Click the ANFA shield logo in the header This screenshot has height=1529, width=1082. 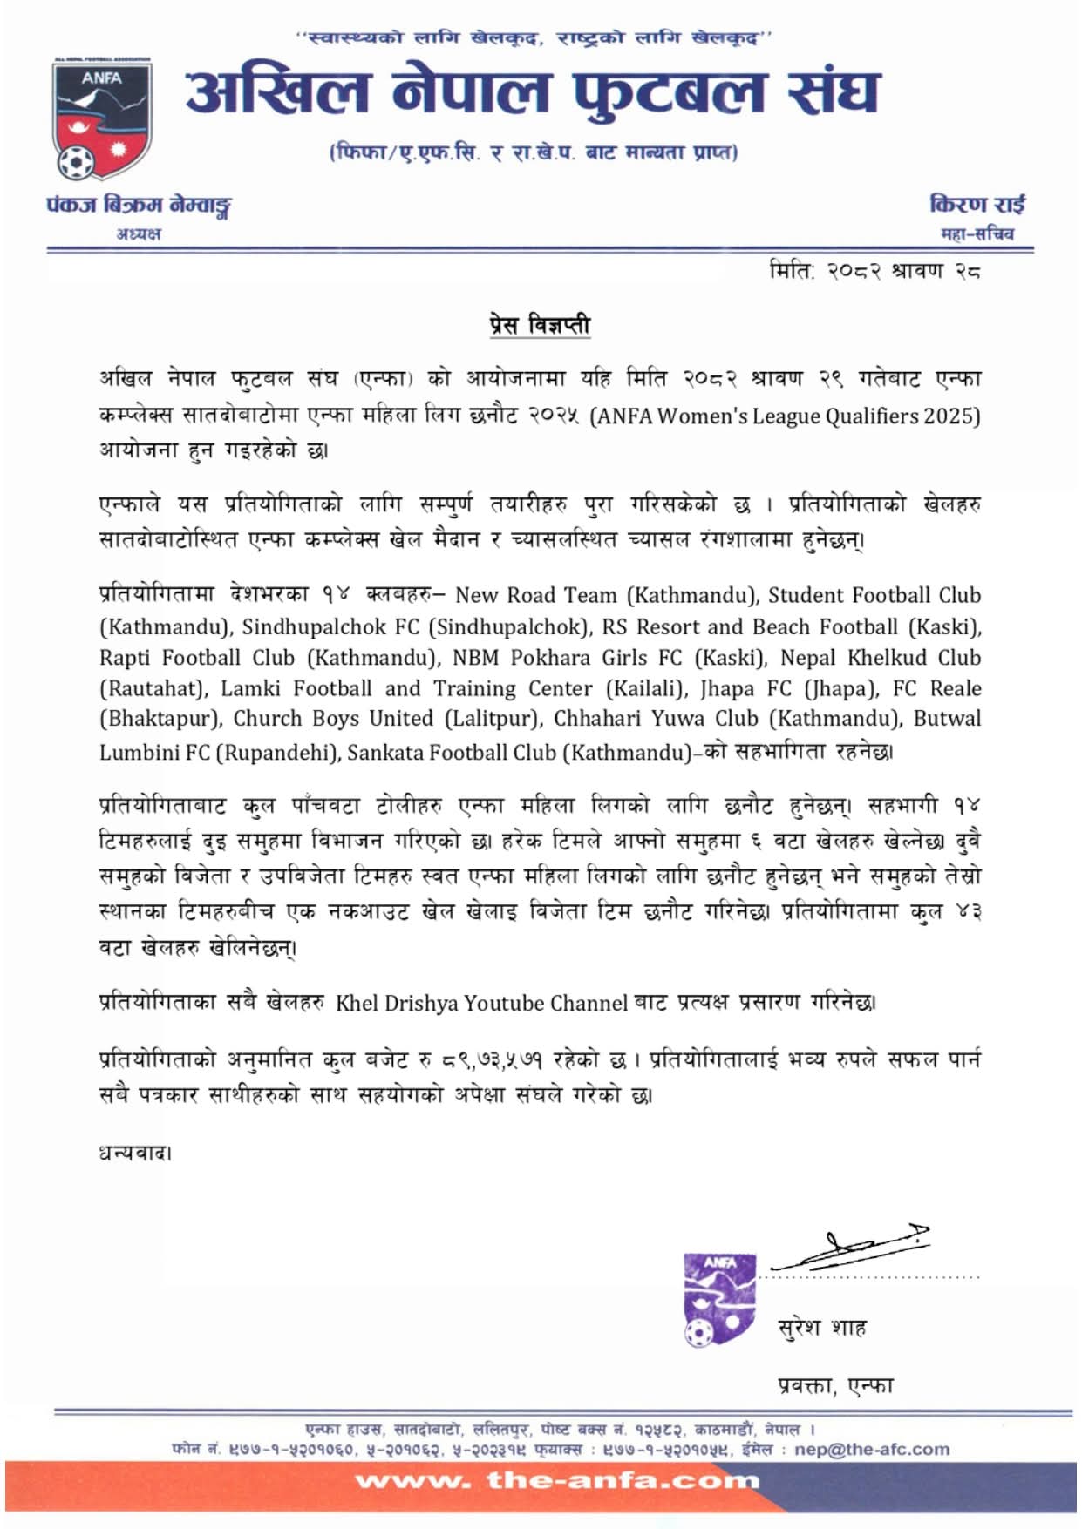[102, 120]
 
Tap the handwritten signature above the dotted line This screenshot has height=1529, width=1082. [850, 1248]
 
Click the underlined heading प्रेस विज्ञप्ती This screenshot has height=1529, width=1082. [540, 325]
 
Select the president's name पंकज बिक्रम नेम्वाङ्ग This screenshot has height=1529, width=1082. [139, 206]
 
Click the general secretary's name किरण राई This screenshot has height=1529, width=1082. [977, 204]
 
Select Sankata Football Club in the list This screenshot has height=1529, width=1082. [452, 752]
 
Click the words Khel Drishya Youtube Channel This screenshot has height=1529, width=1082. [481, 1003]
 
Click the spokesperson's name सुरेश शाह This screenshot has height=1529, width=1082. [821, 1328]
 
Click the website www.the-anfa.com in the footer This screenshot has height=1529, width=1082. [557, 1480]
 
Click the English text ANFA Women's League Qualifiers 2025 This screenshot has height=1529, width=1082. [785, 416]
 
